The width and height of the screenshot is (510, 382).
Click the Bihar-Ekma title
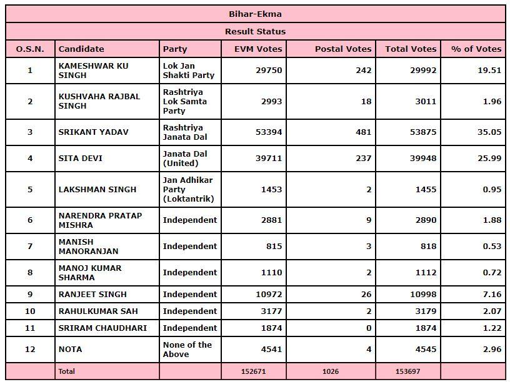point(255,13)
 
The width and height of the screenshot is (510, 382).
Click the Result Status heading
point(255,31)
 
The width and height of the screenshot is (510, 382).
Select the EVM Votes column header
point(258,49)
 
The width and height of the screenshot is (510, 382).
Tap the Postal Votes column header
point(342,49)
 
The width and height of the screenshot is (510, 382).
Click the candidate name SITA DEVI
point(80,159)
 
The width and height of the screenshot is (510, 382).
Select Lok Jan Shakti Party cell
point(188,71)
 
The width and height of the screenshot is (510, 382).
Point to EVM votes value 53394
point(269,132)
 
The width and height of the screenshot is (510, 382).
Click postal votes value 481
point(364,132)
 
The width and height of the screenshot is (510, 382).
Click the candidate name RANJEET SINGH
point(92,295)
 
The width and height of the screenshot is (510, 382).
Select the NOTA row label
point(70,350)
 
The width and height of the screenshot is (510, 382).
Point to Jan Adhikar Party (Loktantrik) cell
point(188,189)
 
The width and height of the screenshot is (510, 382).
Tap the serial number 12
point(30,350)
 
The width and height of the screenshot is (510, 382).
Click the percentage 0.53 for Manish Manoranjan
point(492,246)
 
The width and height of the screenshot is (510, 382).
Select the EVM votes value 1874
point(271,328)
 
